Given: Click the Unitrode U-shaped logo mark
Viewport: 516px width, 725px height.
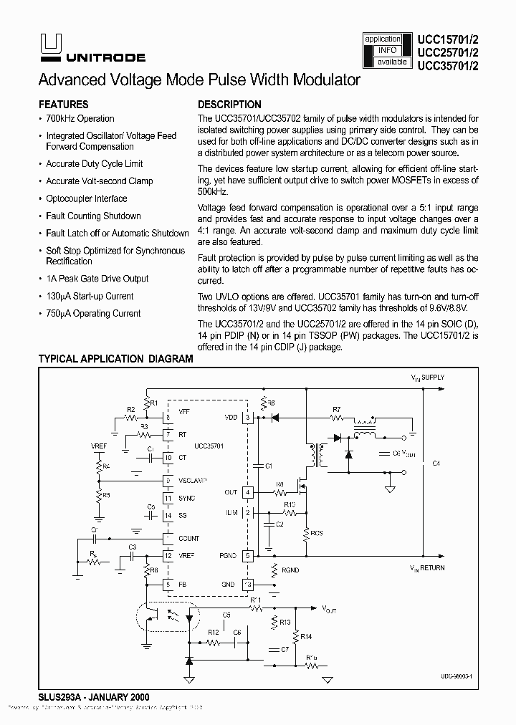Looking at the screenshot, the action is [x=49, y=44].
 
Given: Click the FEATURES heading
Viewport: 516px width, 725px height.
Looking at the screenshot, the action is [x=63, y=104].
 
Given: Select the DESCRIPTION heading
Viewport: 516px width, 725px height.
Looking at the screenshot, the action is [x=229, y=104].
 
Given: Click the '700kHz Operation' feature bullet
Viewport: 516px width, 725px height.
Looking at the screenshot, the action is [x=80, y=119].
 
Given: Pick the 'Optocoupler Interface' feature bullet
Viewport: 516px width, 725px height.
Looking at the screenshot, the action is [x=87, y=198].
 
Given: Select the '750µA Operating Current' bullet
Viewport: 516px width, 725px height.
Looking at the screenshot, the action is [x=93, y=313].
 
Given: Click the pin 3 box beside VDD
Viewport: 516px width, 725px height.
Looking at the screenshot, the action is [x=248, y=417].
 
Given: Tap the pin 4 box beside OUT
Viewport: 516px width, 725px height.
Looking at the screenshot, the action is [x=248, y=492].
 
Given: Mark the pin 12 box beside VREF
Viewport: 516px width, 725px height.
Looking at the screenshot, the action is [x=167, y=555].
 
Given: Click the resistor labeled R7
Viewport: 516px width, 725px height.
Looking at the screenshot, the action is [x=337, y=417].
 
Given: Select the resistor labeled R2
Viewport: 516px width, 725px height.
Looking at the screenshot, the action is [x=131, y=417].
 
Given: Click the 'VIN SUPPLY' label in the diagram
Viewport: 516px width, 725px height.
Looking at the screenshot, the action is [x=427, y=377].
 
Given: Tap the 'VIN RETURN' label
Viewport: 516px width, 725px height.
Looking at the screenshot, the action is [x=427, y=568].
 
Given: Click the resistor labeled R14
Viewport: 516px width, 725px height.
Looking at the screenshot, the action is [x=296, y=636].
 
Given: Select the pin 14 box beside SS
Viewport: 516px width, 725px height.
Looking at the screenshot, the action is [x=167, y=515].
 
